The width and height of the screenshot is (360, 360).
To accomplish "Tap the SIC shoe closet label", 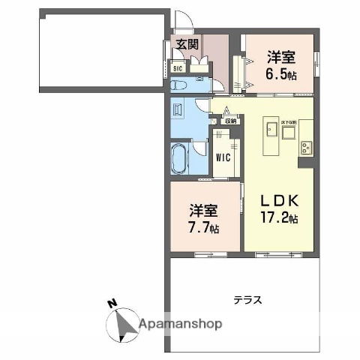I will coord(177,69).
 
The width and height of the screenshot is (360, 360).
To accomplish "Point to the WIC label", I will coord(223,157).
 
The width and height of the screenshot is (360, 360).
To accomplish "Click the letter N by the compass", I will coord(111,304).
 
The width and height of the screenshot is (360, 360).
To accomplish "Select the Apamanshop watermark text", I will coord(180,325).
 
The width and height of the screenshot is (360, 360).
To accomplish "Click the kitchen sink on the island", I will coord(269,133).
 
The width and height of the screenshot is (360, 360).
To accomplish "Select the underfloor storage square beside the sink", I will coord(289,133).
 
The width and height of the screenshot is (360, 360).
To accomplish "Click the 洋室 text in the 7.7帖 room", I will coord(204,209).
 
